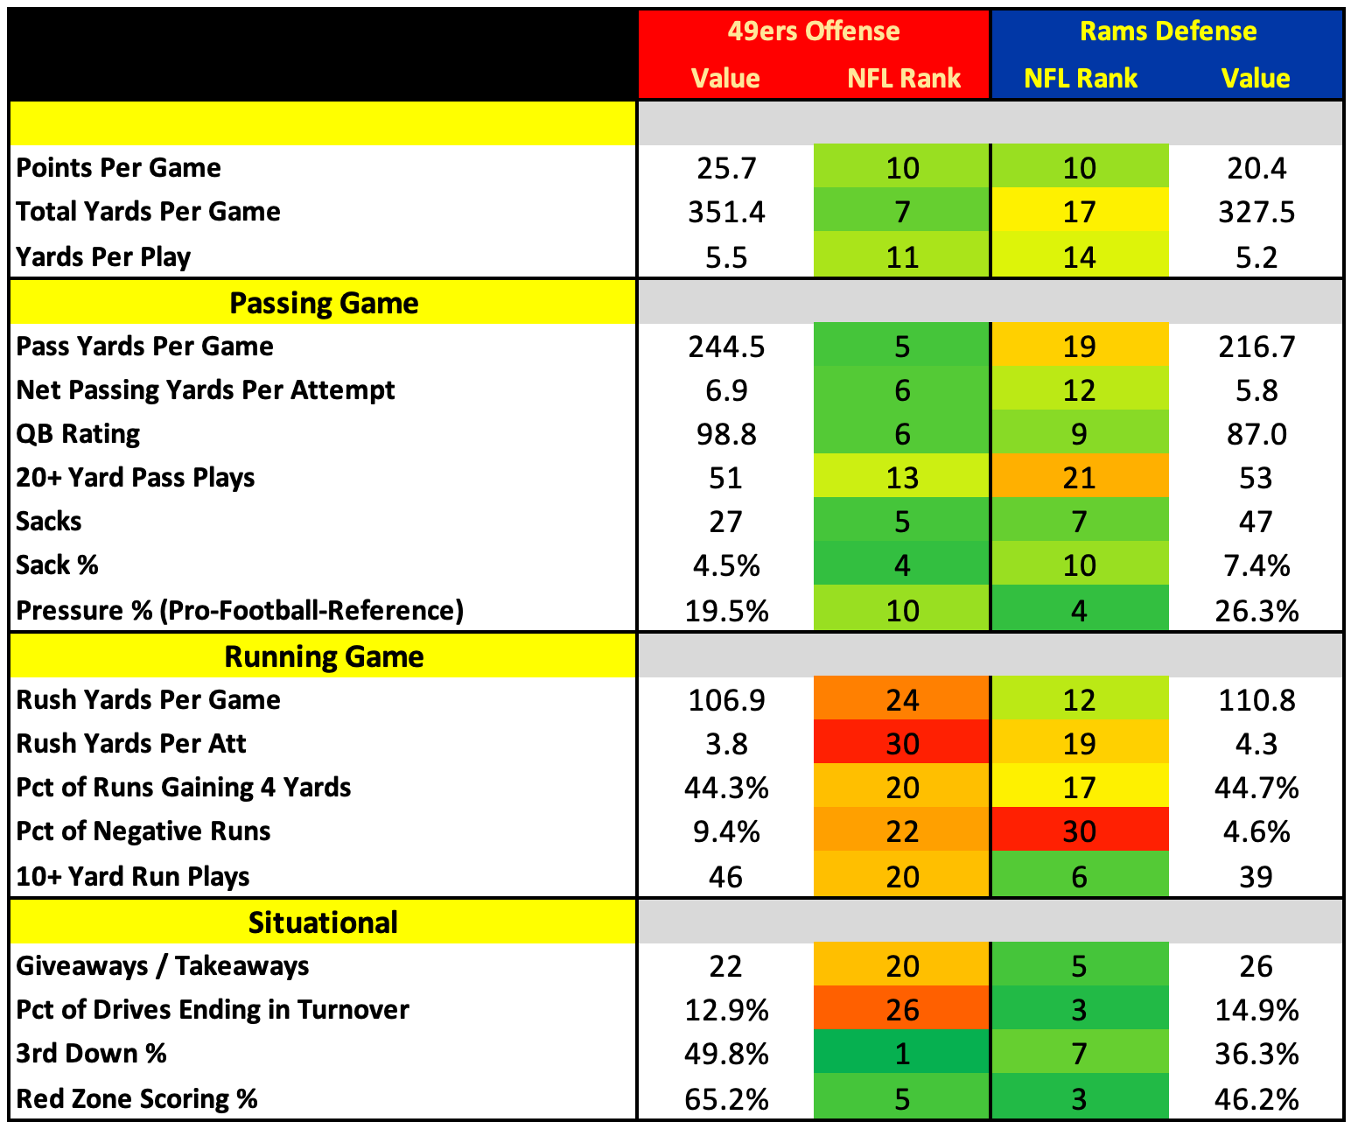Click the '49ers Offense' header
point(814,32)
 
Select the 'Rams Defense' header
point(1168,32)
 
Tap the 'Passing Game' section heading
point(324,303)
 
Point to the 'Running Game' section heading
point(324,656)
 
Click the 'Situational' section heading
point(323,922)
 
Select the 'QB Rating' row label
point(78,434)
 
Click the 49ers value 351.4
point(726,213)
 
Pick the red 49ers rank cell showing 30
point(902,742)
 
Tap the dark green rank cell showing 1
point(902,1052)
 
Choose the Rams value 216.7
point(1256,347)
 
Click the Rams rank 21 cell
point(1079,476)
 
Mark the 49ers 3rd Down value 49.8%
point(726,1053)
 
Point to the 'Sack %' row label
point(57,565)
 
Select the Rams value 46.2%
point(1256,1098)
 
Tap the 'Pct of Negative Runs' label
point(143,831)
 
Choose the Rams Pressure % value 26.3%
point(1256,611)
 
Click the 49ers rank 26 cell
point(902,1008)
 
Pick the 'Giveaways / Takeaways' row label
point(163,966)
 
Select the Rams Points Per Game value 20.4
point(1256,168)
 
